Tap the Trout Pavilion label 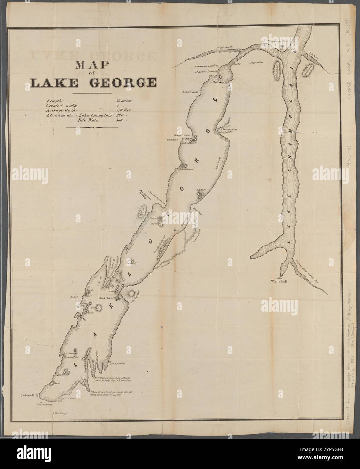click(118, 363)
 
